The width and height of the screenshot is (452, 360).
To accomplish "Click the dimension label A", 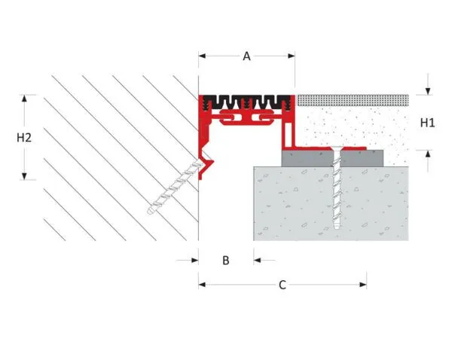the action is click(x=246, y=56).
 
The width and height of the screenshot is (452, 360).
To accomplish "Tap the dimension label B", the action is click(x=226, y=261).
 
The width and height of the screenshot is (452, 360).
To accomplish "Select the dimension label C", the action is click(x=282, y=285).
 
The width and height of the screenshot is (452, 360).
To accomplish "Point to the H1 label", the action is click(x=427, y=123).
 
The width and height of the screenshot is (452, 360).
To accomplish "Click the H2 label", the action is click(x=24, y=138).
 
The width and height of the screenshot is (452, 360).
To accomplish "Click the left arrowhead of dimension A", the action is click(x=202, y=56).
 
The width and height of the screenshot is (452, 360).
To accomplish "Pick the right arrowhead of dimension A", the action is click(x=292, y=56).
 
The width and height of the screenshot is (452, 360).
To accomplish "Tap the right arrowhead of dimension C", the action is click(x=363, y=285).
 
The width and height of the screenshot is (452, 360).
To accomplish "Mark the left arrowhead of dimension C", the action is click(x=202, y=285).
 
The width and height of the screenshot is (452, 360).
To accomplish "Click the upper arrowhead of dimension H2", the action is click(x=25, y=99).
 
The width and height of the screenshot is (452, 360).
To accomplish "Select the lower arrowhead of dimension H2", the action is click(x=25, y=176).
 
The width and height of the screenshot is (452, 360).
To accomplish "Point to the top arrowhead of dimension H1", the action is click(x=428, y=91).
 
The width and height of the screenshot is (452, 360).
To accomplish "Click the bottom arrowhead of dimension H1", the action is click(x=428, y=154).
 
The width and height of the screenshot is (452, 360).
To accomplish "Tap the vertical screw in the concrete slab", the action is click(x=337, y=188).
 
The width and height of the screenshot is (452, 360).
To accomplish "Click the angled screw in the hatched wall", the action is click(x=176, y=188).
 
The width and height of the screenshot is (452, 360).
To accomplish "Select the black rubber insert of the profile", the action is click(x=246, y=102).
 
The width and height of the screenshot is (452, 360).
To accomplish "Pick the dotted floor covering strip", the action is click(x=353, y=100).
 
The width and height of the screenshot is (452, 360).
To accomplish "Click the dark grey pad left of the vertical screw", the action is click(x=307, y=158).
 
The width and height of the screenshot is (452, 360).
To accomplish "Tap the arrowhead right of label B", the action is click(x=257, y=261).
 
